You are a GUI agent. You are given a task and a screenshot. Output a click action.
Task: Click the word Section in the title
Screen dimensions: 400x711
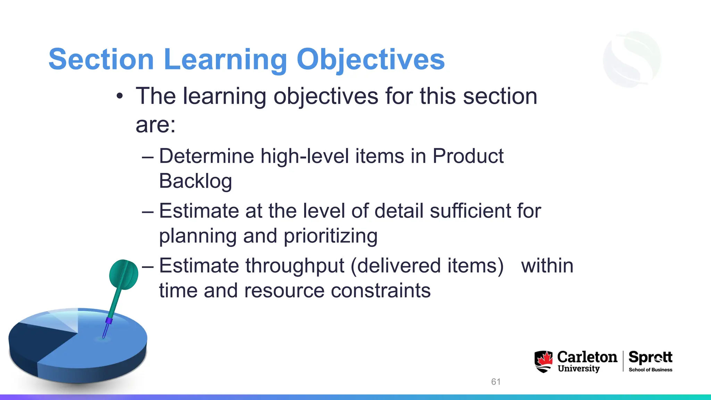(101, 59)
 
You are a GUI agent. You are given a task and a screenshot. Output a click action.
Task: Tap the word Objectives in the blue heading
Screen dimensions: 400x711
(370, 59)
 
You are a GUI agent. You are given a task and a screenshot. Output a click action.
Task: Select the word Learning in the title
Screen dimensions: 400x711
(225, 59)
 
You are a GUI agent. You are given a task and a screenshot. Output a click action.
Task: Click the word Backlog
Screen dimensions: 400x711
(195, 181)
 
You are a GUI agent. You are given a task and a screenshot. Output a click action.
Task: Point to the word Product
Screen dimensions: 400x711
(468, 156)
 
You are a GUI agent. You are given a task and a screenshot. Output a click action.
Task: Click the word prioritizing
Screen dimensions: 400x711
(331, 236)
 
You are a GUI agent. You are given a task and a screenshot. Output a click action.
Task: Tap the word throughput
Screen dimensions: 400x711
(295, 266)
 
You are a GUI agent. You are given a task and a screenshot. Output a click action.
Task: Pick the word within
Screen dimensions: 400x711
(547, 266)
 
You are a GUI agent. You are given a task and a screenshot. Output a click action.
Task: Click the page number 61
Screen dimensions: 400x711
(496, 382)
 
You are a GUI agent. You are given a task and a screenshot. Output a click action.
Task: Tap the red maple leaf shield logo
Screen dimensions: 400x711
(543, 361)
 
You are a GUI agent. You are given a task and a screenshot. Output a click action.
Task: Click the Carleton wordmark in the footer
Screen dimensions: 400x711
(587, 357)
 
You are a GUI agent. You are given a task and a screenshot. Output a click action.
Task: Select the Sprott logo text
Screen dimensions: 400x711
(650, 357)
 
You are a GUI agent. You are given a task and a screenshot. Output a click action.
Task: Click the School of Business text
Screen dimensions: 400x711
(650, 370)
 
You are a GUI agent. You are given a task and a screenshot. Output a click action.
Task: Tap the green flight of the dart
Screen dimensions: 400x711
(123, 274)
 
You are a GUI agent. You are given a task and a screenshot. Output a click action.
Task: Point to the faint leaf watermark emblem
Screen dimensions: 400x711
(632, 59)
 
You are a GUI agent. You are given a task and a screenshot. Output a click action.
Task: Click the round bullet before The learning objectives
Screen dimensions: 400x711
(120, 96)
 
